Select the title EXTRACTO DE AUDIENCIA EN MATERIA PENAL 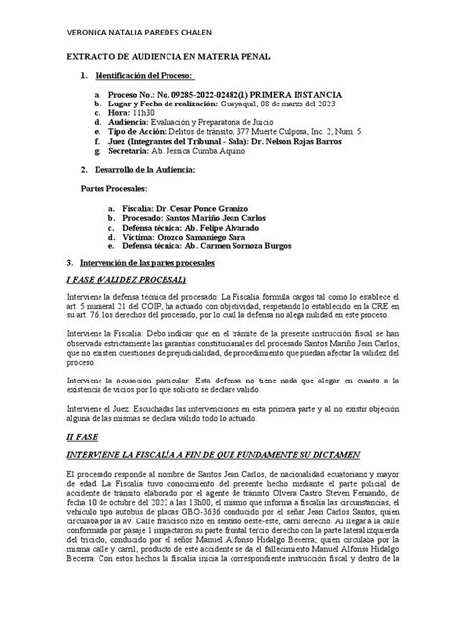(179, 59)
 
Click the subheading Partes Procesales (113, 188)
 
